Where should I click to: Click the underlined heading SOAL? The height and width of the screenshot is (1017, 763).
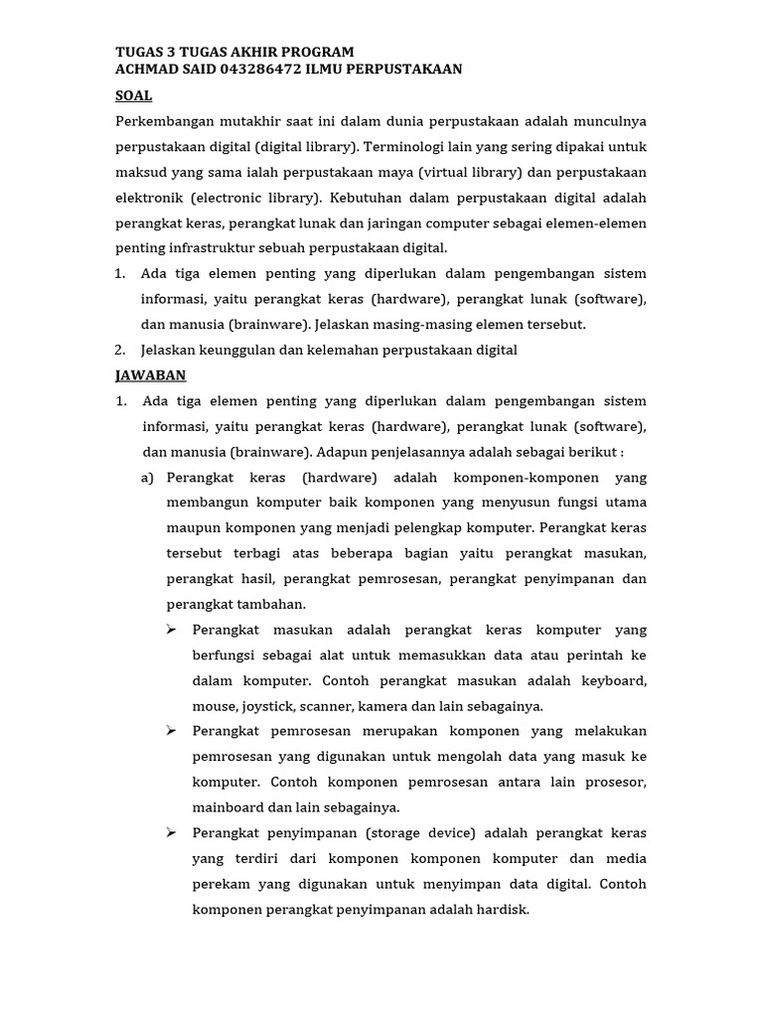tap(133, 95)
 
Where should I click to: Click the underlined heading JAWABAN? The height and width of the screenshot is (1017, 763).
tap(150, 375)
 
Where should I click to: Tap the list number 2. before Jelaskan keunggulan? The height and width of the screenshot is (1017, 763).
tap(120, 350)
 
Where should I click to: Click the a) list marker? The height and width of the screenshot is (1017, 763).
tap(148, 478)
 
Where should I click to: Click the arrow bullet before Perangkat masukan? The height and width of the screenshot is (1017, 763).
tap(171, 630)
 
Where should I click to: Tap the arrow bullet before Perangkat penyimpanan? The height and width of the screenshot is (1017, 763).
tap(171, 832)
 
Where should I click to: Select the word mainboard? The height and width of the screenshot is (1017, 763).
tap(228, 807)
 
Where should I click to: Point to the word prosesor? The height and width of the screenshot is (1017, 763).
tap(617, 783)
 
